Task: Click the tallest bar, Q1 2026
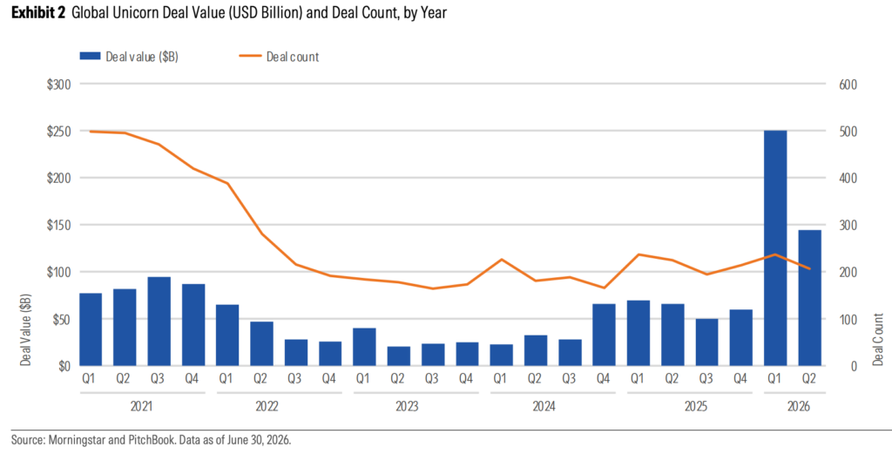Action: (x=775, y=248)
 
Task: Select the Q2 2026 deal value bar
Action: (x=810, y=297)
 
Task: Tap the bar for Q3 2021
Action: (x=159, y=322)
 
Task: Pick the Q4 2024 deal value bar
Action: (x=605, y=335)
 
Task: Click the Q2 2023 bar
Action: (x=399, y=356)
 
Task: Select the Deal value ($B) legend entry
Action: (x=129, y=57)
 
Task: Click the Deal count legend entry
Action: (x=278, y=57)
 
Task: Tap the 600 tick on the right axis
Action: (x=848, y=85)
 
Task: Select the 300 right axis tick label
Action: (x=848, y=226)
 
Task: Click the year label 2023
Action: (x=407, y=407)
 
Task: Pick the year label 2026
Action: (x=798, y=407)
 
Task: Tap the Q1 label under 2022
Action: (x=226, y=378)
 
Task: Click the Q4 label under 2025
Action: (x=740, y=378)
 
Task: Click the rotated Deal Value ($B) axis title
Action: (x=26, y=330)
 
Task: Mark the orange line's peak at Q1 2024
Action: (x=501, y=260)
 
